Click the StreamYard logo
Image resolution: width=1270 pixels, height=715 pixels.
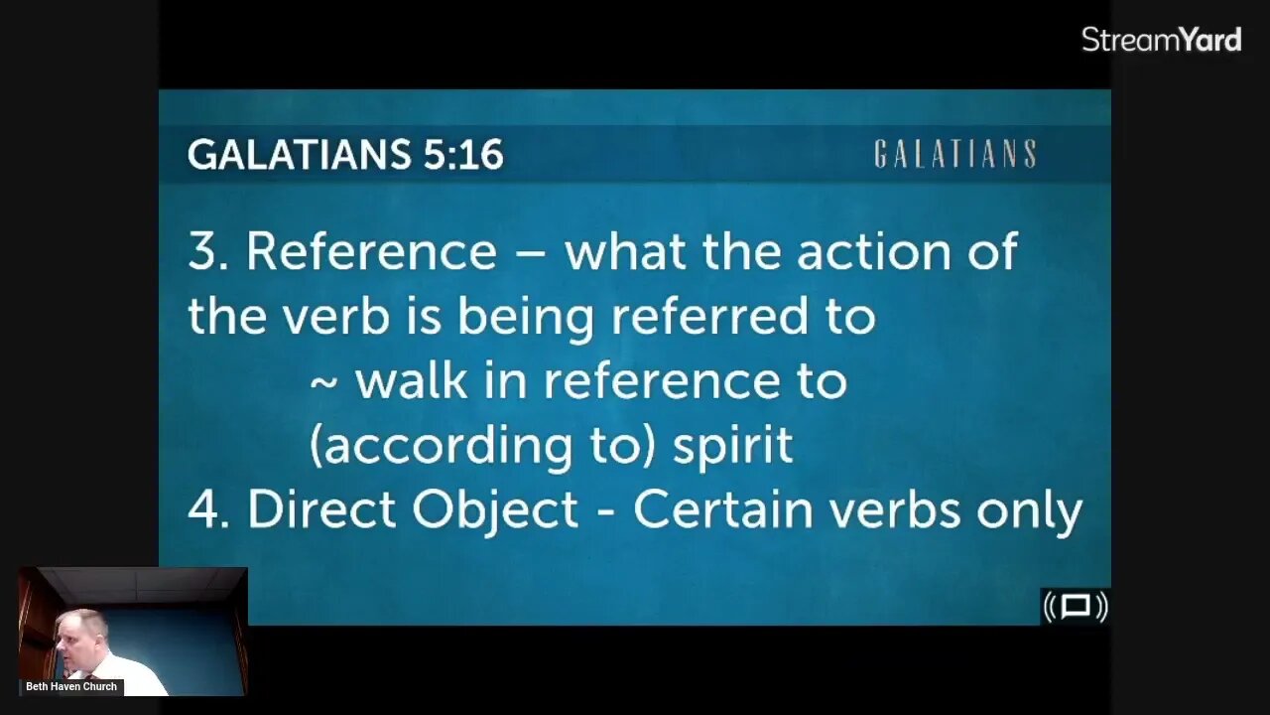tap(1161, 40)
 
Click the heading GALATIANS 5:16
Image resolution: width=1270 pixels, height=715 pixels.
tap(345, 155)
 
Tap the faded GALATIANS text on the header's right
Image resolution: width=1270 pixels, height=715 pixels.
tap(954, 155)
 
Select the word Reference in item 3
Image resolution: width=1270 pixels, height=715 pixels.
tap(370, 251)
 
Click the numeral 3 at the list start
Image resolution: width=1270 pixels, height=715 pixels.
tap(201, 252)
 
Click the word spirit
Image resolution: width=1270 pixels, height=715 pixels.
tap(733, 446)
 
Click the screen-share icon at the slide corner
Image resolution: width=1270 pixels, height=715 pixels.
tap(1076, 606)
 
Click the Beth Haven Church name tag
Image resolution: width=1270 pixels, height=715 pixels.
tap(71, 686)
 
